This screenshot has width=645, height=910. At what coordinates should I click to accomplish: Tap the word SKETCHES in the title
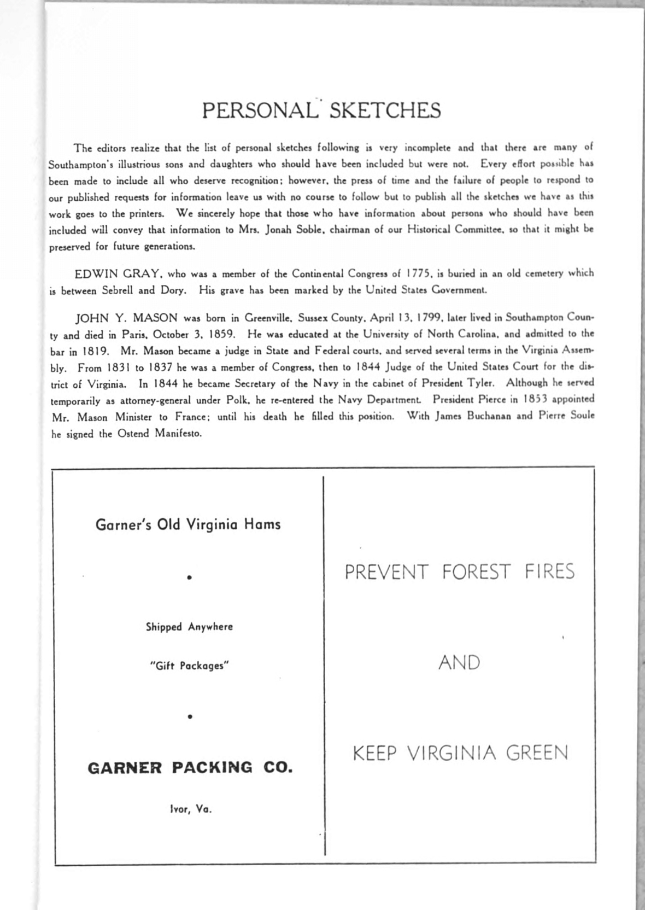tap(385, 110)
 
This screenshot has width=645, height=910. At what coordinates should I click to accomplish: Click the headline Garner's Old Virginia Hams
tap(188, 524)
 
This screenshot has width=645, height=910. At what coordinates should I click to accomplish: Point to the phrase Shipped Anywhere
tap(189, 627)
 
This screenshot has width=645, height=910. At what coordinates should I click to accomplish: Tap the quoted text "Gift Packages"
tap(189, 666)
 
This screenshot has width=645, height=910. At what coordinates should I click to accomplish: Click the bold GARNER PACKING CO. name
tap(190, 768)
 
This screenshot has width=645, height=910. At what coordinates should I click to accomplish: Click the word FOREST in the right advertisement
tap(476, 572)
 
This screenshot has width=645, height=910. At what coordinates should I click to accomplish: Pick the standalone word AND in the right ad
tap(459, 663)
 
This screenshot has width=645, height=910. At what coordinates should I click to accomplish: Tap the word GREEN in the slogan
tap(537, 753)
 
